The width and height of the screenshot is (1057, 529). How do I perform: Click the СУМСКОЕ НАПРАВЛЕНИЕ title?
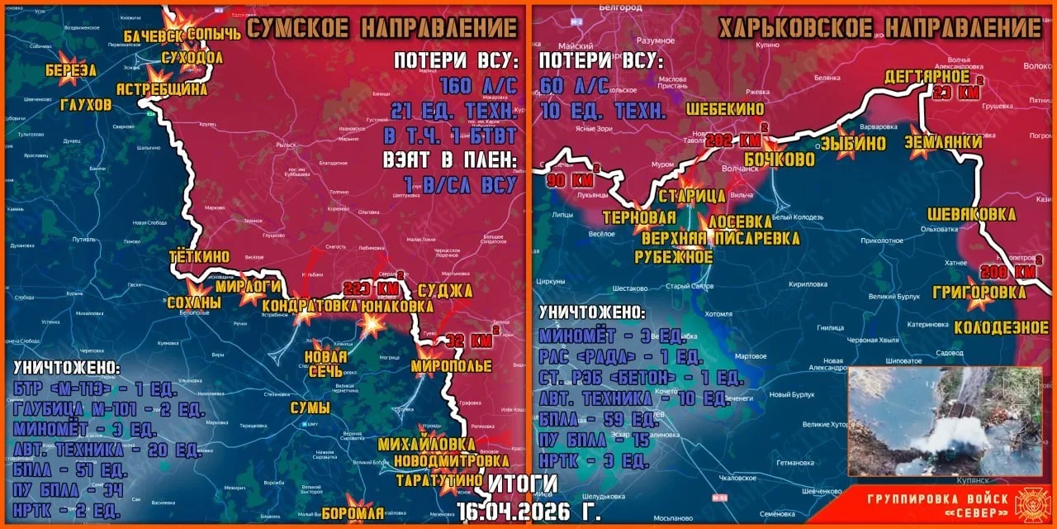tap(382, 28)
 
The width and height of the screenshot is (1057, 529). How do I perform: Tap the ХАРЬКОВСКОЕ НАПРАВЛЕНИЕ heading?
tap(879, 28)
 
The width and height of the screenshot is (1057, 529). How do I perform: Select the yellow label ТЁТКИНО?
tap(199, 256)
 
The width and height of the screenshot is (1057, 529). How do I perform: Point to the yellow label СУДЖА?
tap(445, 290)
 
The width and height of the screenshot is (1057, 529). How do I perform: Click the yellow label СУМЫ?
tap(310, 407)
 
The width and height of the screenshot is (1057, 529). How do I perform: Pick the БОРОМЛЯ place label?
tap(353, 512)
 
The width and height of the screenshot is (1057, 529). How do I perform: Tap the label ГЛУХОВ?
tap(86, 105)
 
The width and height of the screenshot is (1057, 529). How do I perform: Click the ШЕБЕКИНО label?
tap(724, 109)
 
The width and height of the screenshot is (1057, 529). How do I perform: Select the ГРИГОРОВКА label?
tap(979, 292)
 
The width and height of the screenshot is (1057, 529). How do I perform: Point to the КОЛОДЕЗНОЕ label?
tap(1001, 327)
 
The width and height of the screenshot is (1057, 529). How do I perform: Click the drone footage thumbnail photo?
tap(945, 422)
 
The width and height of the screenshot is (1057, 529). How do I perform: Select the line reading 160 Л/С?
tap(479, 86)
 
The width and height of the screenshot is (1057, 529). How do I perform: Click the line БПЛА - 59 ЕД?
tap(599, 419)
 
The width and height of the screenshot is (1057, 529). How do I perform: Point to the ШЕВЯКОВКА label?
tap(971, 214)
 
